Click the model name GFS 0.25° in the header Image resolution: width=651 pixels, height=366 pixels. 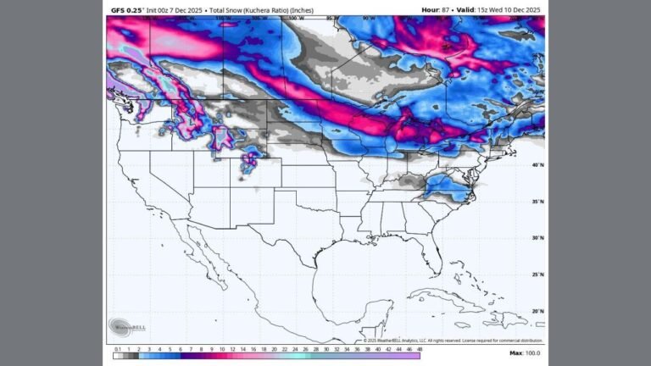tap(129, 10)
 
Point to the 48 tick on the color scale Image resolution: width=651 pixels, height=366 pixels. tap(419, 349)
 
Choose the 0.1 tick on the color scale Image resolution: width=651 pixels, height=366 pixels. tap(117, 349)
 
